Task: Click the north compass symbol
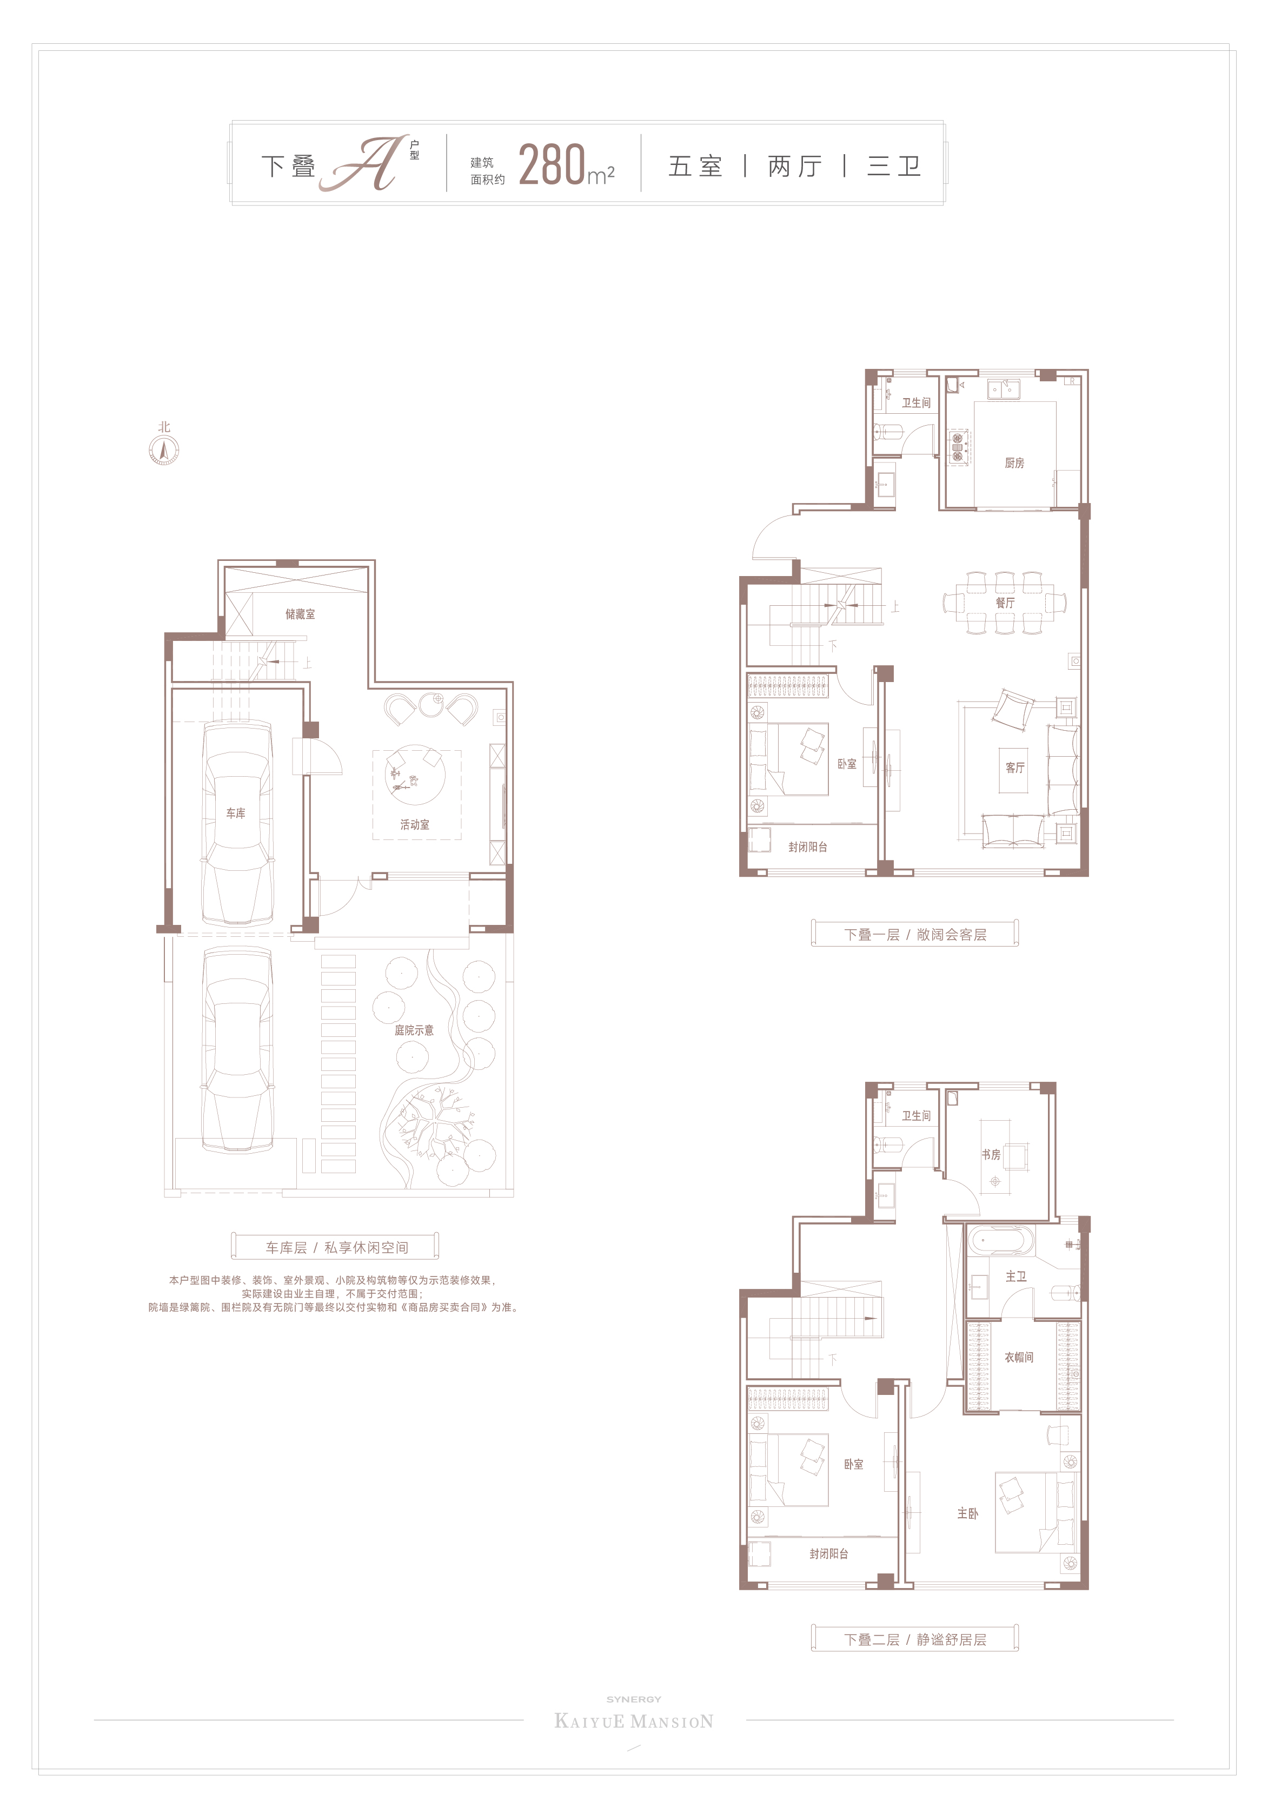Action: (164, 451)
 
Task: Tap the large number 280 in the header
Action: (552, 165)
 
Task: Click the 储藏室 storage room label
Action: (300, 614)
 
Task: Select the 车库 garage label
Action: (235, 813)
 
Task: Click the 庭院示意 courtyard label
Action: (414, 1030)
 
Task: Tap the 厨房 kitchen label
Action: (1014, 462)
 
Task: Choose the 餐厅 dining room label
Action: (1005, 603)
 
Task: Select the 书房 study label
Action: (991, 1154)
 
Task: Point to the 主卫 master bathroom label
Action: (1016, 1276)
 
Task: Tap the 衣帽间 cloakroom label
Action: (1019, 1357)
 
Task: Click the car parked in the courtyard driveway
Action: (237, 1050)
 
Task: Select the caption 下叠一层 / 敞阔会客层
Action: (915, 935)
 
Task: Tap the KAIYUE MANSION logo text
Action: (634, 1722)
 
